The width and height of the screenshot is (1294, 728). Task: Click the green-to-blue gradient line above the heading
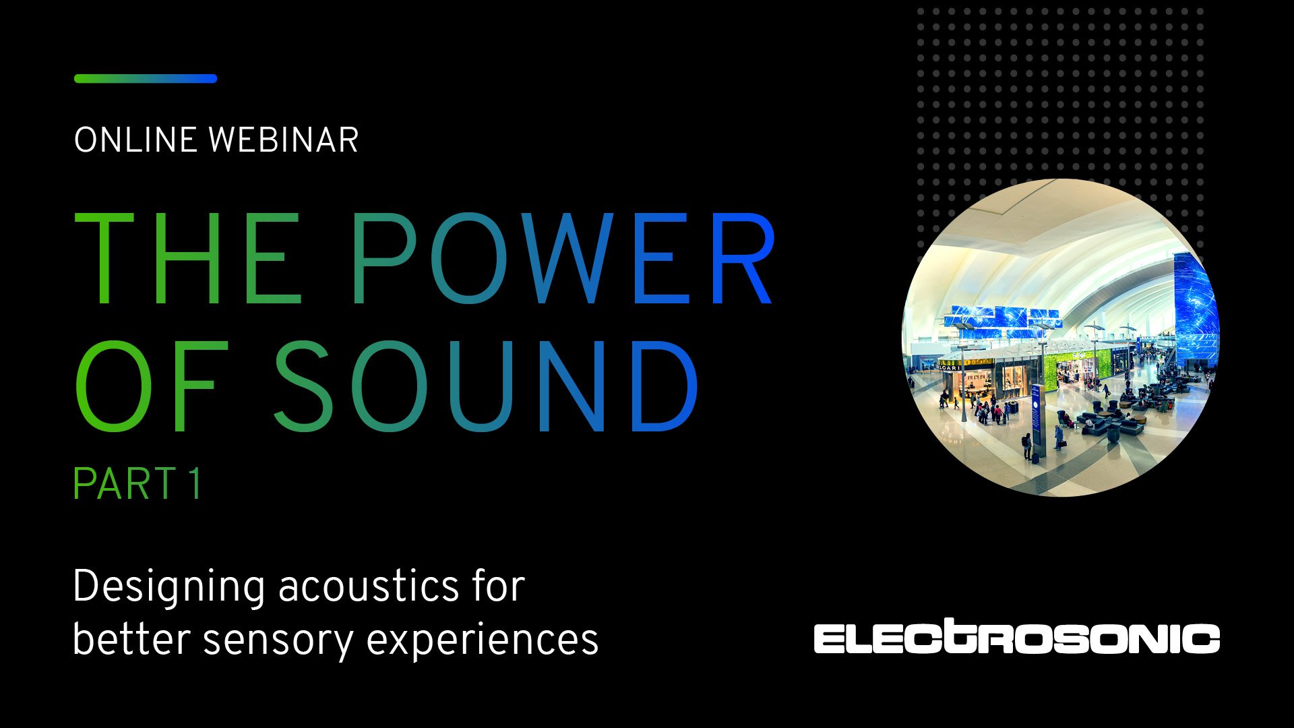point(145,79)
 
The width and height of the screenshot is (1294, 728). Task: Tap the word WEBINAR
point(283,140)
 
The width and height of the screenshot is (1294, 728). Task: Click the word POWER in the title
point(563,260)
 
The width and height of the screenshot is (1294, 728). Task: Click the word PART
point(124,484)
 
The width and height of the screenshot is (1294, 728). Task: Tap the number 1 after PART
point(195,484)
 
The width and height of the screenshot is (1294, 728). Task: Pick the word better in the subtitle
point(131,638)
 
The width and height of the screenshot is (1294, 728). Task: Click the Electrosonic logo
point(1016,638)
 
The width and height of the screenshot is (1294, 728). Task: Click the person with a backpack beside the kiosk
point(1026,445)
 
